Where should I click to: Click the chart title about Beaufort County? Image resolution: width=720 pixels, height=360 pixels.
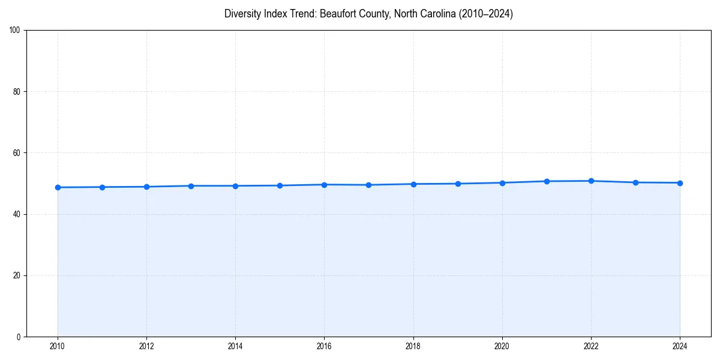click(368, 14)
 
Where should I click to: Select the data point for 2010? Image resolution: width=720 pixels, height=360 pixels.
click(58, 187)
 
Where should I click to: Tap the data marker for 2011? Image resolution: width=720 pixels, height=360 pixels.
click(102, 187)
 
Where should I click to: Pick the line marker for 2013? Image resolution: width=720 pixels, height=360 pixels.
click(191, 186)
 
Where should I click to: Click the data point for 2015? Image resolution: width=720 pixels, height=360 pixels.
click(280, 185)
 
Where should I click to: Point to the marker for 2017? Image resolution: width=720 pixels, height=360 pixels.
click(368, 185)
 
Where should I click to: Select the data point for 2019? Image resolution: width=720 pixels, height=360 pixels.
click(458, 184)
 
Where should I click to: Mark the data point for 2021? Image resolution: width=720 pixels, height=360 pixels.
click(547, 181)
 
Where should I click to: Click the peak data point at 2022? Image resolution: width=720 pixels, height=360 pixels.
click(591, 181)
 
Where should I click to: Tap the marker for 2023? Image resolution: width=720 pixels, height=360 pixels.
click(635, 182)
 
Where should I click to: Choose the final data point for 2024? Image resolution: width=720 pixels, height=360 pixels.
click(680, 183)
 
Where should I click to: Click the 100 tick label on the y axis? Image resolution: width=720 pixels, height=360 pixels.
click(15, 31)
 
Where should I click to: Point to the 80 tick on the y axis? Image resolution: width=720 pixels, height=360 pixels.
click(17, 92)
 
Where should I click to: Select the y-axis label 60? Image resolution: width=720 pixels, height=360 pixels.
click(17, 153)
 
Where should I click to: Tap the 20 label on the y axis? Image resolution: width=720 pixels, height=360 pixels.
click(17, 275)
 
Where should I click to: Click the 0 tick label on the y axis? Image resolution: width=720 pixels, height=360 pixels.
click(19, 337)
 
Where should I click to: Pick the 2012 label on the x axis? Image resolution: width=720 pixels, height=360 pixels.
click(146, 346)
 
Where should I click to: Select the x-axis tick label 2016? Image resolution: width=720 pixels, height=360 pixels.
click(324, 346)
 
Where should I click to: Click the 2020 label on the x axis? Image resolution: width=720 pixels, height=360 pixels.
click(502, 346)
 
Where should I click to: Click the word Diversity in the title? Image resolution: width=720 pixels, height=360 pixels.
click(242, 14)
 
